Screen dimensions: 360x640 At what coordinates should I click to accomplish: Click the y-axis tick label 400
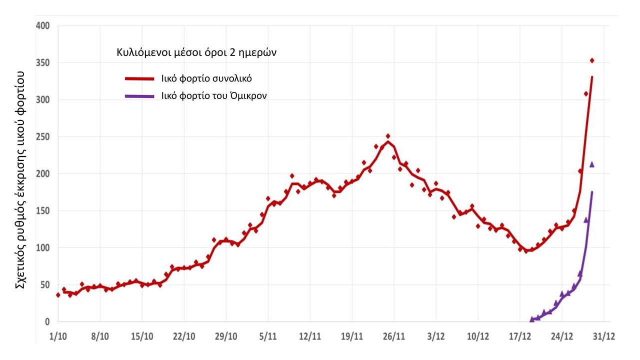[42, 25]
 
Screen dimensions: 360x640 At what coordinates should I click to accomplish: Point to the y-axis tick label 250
[42, 136]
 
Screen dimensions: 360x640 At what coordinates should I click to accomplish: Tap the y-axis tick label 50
[44, 284]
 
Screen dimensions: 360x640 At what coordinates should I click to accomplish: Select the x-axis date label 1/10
[58, 336]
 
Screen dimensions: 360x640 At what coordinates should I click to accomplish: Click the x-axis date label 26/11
[393, 336]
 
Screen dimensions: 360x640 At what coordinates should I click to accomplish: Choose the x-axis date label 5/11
[268, 336]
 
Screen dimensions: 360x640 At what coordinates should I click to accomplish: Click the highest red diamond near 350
[592, 60]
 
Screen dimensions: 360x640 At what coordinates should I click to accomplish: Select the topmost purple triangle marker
[592, 164]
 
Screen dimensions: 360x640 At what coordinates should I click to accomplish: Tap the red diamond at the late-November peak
[388, 136]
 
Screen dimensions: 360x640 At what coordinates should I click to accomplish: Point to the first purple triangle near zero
[532, 319]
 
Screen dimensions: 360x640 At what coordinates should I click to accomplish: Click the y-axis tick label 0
[47, 321]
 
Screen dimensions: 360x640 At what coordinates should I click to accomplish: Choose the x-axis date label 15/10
[142, 336]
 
